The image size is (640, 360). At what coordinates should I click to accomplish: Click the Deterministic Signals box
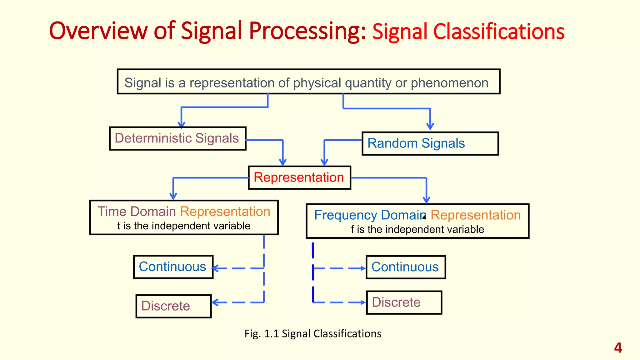pyautogui.click(x=177, y=138)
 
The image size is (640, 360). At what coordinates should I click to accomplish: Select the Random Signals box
pyautogui.click(x=430, y=143)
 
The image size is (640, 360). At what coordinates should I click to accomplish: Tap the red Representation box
pyautogui.click(x=299, y=177)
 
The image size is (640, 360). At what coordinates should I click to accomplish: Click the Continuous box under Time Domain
pyautogui.click(x=173, y=267)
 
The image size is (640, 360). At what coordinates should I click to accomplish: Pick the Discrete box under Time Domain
pyautogui.click(x=173, y=306)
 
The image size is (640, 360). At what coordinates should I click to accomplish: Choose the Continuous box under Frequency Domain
pyautogui.click(x=405, y=267)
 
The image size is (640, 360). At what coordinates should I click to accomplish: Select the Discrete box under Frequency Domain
pyautogui.click(x=404, y=302)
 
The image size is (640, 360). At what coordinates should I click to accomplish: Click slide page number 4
pyautogui.click(x=618, y=348)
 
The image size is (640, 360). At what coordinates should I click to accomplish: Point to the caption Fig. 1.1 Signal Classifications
pyautogui.click(x=313, y=333)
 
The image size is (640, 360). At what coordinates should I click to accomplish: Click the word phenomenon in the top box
pyautogui.click(x=449, y=83)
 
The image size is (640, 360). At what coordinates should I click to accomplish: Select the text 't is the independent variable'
pyautogui.click(x=184, y=226)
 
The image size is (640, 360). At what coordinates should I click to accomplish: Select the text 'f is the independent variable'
pyautogui.click(x=417, y=229)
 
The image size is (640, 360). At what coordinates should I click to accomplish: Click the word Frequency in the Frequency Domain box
pyautogui.click(x=345, y=215)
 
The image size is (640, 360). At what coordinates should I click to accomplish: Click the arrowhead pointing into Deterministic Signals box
pyautogui.click(x=181, y=125)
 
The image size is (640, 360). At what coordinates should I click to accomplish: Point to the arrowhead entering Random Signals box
pyautogui.click(x=430, y=127)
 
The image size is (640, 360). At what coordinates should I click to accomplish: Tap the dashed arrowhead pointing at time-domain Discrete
pyautogui.click(x=215, y=302)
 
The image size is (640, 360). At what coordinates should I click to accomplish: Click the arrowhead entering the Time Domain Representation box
pyautogui.click(x=173, y=197)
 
